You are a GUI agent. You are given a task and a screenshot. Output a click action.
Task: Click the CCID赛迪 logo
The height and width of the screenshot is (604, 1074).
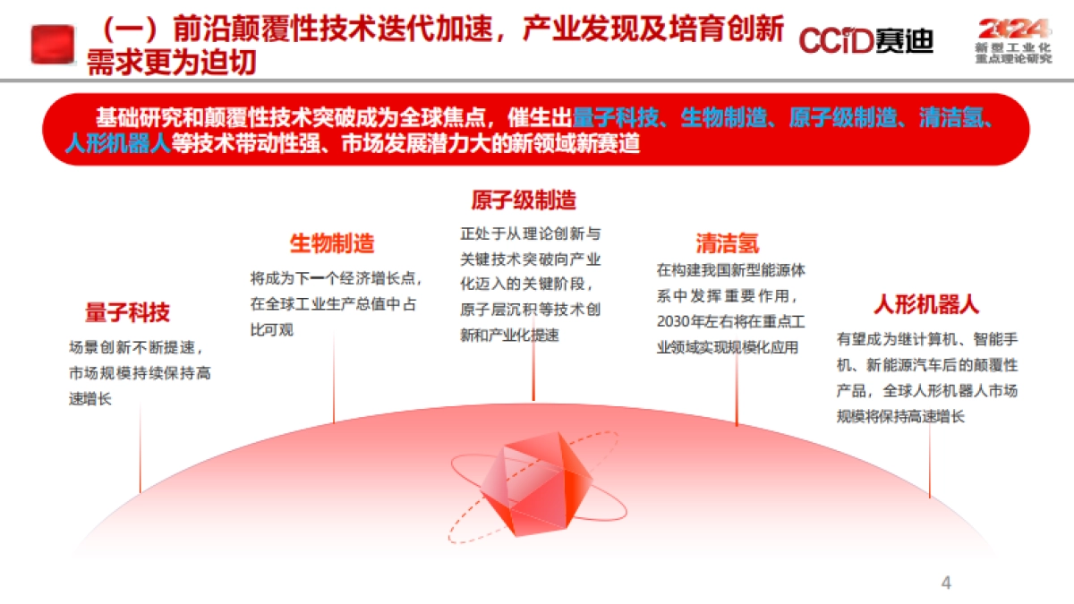[x=865, y=40]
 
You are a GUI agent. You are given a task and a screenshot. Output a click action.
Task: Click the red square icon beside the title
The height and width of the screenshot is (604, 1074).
[x=53, y=44]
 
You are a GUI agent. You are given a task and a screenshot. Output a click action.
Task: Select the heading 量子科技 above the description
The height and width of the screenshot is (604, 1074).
[x=127, y=312]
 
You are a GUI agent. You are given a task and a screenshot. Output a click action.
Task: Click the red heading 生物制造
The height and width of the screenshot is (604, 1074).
[x=332, y=242]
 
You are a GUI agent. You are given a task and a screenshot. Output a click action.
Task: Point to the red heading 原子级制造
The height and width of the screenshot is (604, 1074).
[x=524, y=200]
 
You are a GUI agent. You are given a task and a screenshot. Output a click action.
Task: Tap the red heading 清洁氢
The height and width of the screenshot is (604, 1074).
[x=728, y=243]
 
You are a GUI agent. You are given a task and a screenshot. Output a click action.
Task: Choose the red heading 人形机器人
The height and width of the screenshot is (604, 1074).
[x=926, y=304]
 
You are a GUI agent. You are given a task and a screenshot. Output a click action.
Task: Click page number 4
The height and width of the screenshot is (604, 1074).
[x=946, y=583]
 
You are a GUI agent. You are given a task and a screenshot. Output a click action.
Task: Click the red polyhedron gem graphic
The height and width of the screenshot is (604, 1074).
[x=535, y=484]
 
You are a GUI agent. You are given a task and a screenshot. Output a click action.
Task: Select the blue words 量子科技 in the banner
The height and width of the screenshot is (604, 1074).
[x=616, y=118]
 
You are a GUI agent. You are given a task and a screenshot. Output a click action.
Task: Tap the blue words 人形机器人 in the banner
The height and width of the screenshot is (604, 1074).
[x=117, y=143]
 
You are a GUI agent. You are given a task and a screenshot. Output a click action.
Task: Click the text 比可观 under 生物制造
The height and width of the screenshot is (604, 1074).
[x=271, y=330]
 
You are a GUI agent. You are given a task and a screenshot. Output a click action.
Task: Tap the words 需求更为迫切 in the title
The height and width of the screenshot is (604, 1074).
[x=171, y=63]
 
